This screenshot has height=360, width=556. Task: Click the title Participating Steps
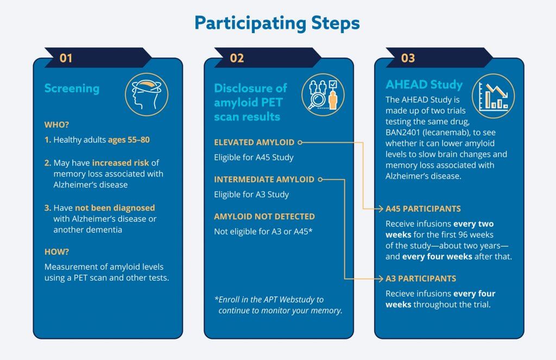[x=277, y=24]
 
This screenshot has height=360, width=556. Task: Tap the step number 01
[x=66, y=58]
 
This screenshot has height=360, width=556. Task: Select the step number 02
[x=237, y=58]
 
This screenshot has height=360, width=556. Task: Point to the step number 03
[x=408, y=58]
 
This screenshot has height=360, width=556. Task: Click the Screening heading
[x=72, y=89]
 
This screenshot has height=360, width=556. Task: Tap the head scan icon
[x=147, y=94]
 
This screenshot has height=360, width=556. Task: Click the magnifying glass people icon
[x=323, y=94]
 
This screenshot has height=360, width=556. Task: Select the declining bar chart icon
[x=493, y=96]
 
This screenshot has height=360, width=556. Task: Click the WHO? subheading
[x=56, y=125]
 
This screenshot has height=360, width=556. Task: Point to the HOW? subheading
[x=56, y=252]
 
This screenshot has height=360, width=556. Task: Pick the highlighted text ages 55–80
[x=129, y=140]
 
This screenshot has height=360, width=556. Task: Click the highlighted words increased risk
[x=121, y=163]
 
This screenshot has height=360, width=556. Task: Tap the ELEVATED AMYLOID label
[x=254, y=142]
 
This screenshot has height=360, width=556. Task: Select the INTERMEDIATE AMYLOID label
[x=264, y=180]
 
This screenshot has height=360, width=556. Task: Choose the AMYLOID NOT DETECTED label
[x=264, y=216]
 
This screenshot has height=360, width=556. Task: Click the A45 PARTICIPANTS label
[x=423, y=209]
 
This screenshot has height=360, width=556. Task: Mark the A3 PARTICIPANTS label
[x=421, y=279]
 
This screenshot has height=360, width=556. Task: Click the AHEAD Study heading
[x=424, y=85]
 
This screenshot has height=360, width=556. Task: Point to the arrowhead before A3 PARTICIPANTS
[x=381, y=279]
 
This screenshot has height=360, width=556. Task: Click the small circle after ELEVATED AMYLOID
[x=300, y=142]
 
